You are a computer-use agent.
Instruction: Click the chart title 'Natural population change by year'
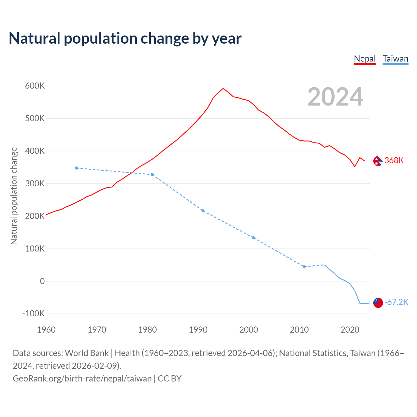point(125,38)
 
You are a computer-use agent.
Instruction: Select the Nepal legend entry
point(365,59)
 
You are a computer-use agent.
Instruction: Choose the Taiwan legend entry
point(395,59)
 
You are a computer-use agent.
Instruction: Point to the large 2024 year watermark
point(335,97)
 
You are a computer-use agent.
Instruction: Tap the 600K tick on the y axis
point(35,86)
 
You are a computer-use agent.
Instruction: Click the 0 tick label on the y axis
point(42,281)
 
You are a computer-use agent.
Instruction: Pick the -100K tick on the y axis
point(33,314)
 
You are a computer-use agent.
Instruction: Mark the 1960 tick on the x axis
point(46,330)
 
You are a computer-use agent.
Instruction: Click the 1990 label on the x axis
point(198,330)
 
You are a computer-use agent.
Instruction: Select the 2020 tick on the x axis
point(350,330)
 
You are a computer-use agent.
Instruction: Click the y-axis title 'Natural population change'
point(14,196)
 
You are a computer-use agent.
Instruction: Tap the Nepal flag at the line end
point(378,161)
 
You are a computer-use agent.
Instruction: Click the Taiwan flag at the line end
point(378,303)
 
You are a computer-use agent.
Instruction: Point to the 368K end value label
point(394,160)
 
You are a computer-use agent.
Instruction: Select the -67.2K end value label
point(396,302)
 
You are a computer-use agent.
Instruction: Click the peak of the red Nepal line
point(223,88)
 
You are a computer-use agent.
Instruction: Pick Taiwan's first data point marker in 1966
point(77,168)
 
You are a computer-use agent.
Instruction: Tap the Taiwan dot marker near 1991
point(203,211)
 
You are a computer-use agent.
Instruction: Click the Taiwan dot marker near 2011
point(304,267)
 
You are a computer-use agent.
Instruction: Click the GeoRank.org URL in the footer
point(82,379)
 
